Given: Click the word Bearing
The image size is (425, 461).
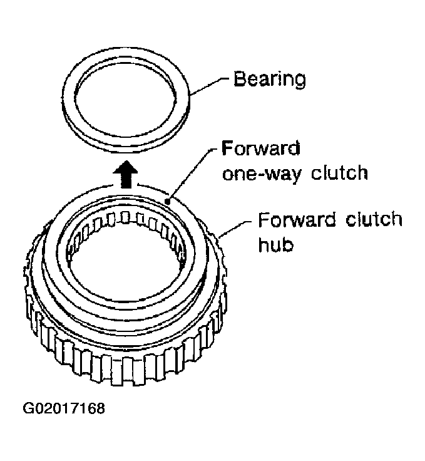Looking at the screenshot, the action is click(270, 79).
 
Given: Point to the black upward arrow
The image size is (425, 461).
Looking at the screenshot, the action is click(125, 174).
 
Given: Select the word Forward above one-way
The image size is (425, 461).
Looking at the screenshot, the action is click(261, 148).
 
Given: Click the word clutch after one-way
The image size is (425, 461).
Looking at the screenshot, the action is click(339, 172).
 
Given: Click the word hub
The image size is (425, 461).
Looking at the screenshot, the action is click(275, 245).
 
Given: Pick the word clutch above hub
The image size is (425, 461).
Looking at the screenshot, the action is click(374, 219).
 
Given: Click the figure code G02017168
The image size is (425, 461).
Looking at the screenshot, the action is click(64, 408).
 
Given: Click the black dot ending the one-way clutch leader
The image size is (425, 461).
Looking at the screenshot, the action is click(167, 202).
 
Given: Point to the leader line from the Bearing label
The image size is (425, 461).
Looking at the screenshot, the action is click(209, 86).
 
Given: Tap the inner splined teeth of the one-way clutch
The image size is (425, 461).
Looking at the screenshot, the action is click(126, 224).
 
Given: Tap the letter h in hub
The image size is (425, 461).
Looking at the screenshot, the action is click(263, 245).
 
